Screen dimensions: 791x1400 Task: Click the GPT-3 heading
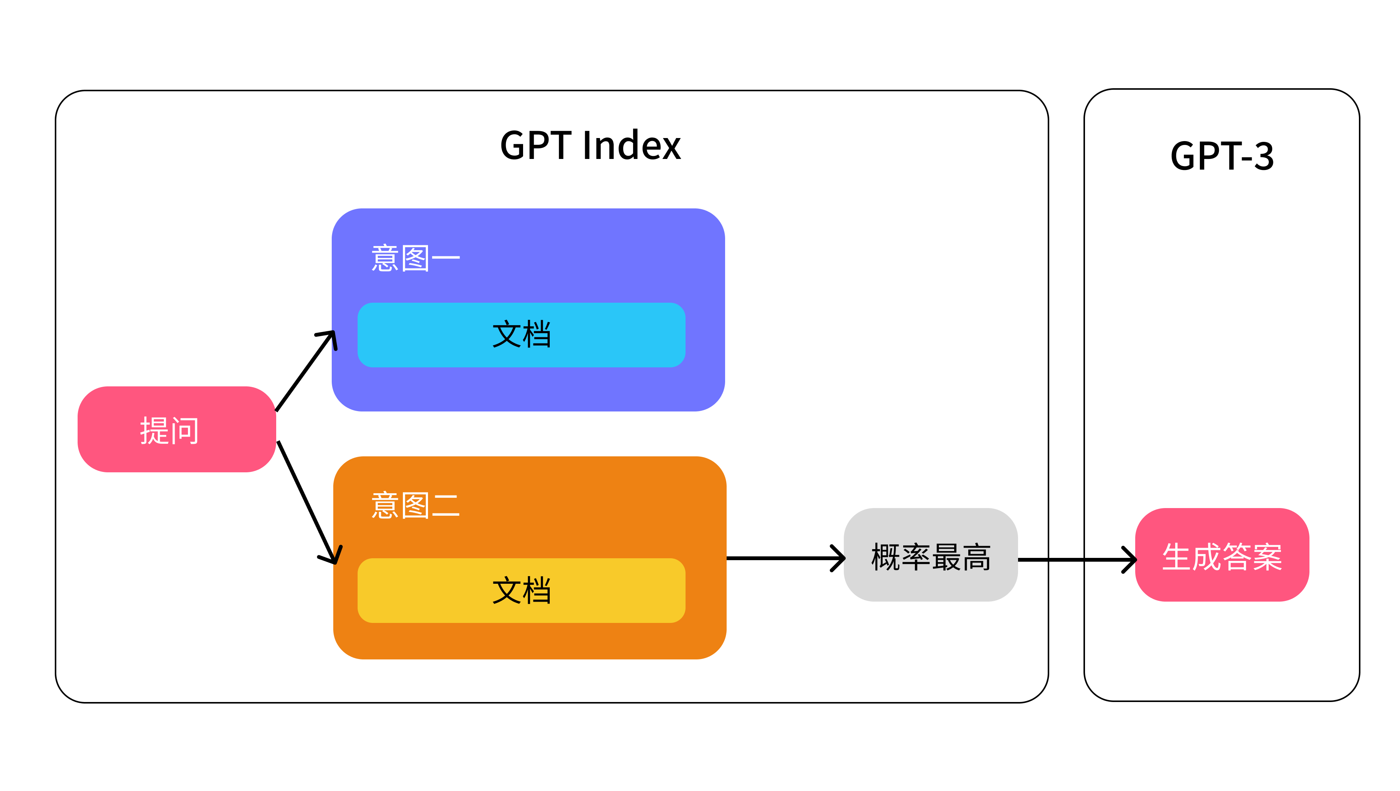pyautogui.click(x=1222, y=156)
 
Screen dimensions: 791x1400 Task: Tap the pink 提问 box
pyautogui.click(x=177, y=429)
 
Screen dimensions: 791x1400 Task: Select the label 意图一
pyautogui.click(x=415, y=259)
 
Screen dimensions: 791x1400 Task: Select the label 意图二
pyautogui.click(x=415, y=506)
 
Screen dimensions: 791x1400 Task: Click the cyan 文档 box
pyautogui.click(x=521, y=335)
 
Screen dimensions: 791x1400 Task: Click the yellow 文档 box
pyautogui.click(x=521, y=591)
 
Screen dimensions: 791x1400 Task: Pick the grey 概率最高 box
pyautogui.click(x=931, y=555)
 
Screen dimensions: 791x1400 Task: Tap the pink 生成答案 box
pyautogui.click(x=1222, y=555)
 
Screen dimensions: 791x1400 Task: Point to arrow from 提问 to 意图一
pyautogui.click(x=304, y=372)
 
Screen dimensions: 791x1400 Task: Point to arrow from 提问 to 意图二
pyautogui.click(x=307, y=502)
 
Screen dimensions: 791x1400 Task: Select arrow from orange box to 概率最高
pyautogui.click(x=783, y=558)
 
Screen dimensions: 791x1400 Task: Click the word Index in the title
pyautogui.click(x=632, y=146)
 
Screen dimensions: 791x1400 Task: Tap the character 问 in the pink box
pyautogui.click(x=185, y=431)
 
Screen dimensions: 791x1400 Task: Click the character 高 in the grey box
pyautogui.click(x=976, y=556)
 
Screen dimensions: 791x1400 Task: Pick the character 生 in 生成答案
pyautogui.click(x=1177, y=556)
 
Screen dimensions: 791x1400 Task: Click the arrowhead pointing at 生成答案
pyautogui.click(x=1130, y=559)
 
